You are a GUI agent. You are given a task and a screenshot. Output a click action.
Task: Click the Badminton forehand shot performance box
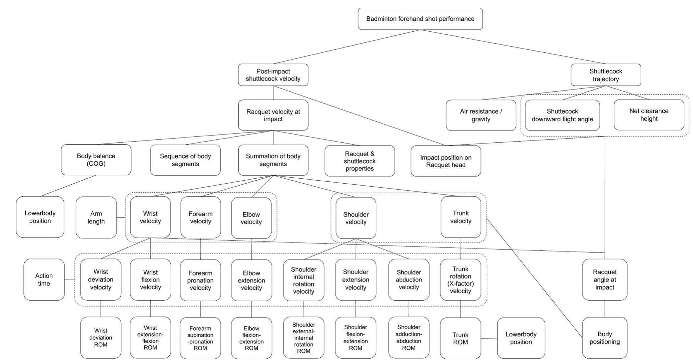pos(420,19)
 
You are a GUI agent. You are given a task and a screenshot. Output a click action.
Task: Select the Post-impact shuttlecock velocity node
pos(273,75)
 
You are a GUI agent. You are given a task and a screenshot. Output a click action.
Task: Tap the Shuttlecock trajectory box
pos(606,75)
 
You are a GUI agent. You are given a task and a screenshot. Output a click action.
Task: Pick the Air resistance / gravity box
pos(481,115)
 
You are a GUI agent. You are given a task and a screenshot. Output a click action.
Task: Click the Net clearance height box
pos(649,115)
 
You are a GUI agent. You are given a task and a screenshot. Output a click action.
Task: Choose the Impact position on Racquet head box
pos(446,161)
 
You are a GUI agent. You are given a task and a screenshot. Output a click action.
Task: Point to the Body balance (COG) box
pos(96,160)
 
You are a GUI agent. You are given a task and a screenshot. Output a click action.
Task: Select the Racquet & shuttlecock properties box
pos(360,161)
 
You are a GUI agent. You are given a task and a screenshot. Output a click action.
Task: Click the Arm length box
pos(96,218)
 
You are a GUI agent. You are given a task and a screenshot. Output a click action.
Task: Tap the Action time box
pos(44,280)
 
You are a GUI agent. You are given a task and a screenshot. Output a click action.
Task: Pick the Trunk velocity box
pos(460,217)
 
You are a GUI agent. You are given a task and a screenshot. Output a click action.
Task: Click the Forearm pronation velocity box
pos(200,280)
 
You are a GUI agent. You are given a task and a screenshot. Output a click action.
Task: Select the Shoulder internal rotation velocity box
pos(303,280)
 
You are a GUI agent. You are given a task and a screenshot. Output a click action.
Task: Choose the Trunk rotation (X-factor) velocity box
pos(460,280)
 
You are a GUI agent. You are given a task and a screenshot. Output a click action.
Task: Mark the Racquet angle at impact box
pos(604,280)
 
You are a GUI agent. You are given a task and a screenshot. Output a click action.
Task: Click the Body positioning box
pos(604,338)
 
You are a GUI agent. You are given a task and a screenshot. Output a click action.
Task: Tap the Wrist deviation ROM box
pos(101,338)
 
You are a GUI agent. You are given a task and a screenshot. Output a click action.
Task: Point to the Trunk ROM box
pos(460,338)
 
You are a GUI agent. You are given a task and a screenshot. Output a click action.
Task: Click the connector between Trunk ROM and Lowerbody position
pos(489,338)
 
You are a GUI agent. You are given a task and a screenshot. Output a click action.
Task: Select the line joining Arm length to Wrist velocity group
pos(121,217)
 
